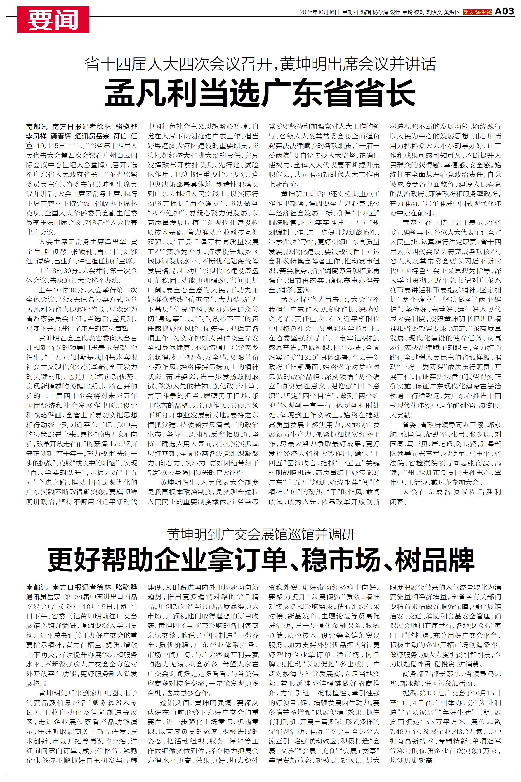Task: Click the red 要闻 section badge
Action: (x=53, y=20)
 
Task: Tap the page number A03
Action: (x=505, y=12)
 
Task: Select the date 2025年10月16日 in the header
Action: (x=319, y=12)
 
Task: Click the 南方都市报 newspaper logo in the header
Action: (x=477, y=12)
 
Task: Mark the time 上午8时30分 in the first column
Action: (x=57, y=270)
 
